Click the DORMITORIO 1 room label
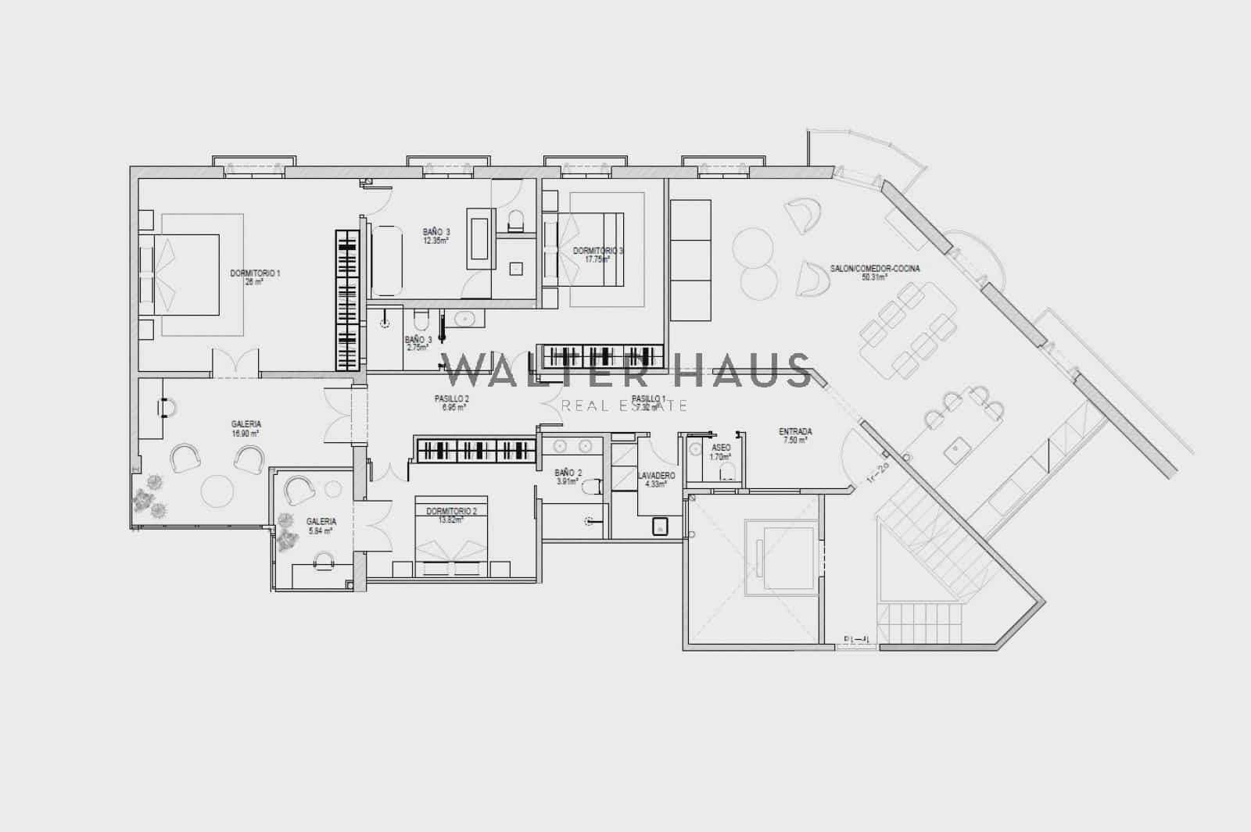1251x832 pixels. click(x=255, y=273)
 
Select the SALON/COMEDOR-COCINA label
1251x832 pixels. click(x=875, y=269)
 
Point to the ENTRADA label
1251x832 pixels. click(x=795, y=431)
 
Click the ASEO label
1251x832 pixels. click(x=721, y=448)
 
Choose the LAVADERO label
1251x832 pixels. click(x=656, y=475)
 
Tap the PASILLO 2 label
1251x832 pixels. click(x=451, y=398)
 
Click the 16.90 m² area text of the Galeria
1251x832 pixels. click(x=246, y=433)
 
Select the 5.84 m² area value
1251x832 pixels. click(x=321, y=530)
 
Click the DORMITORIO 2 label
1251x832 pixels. click(x=451, y=512)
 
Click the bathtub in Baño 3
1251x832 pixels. click(x=385, y=259)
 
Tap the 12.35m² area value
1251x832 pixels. click(x=436, y=241)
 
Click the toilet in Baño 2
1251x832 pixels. click(x=592, y=487)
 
